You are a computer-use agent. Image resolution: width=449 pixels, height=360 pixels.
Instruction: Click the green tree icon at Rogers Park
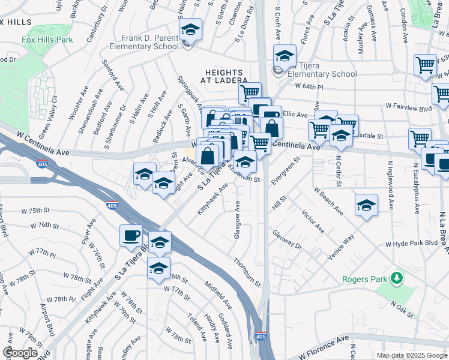click(396, 278)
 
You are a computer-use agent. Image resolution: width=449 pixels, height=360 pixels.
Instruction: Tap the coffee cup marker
click(131, 236)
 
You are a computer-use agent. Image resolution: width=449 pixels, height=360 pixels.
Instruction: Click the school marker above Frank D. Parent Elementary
click(190, 30)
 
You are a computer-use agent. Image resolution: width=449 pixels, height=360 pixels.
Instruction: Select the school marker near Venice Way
click(366, 206)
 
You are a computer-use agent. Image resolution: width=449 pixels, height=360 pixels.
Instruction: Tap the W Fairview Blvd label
click(409, 106)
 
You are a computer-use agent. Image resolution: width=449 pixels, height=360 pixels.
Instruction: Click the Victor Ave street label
click(313, 221)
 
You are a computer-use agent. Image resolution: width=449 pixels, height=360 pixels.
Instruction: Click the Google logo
click(20, 353)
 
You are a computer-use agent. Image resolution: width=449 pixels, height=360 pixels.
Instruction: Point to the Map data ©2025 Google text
click(411, 355)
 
